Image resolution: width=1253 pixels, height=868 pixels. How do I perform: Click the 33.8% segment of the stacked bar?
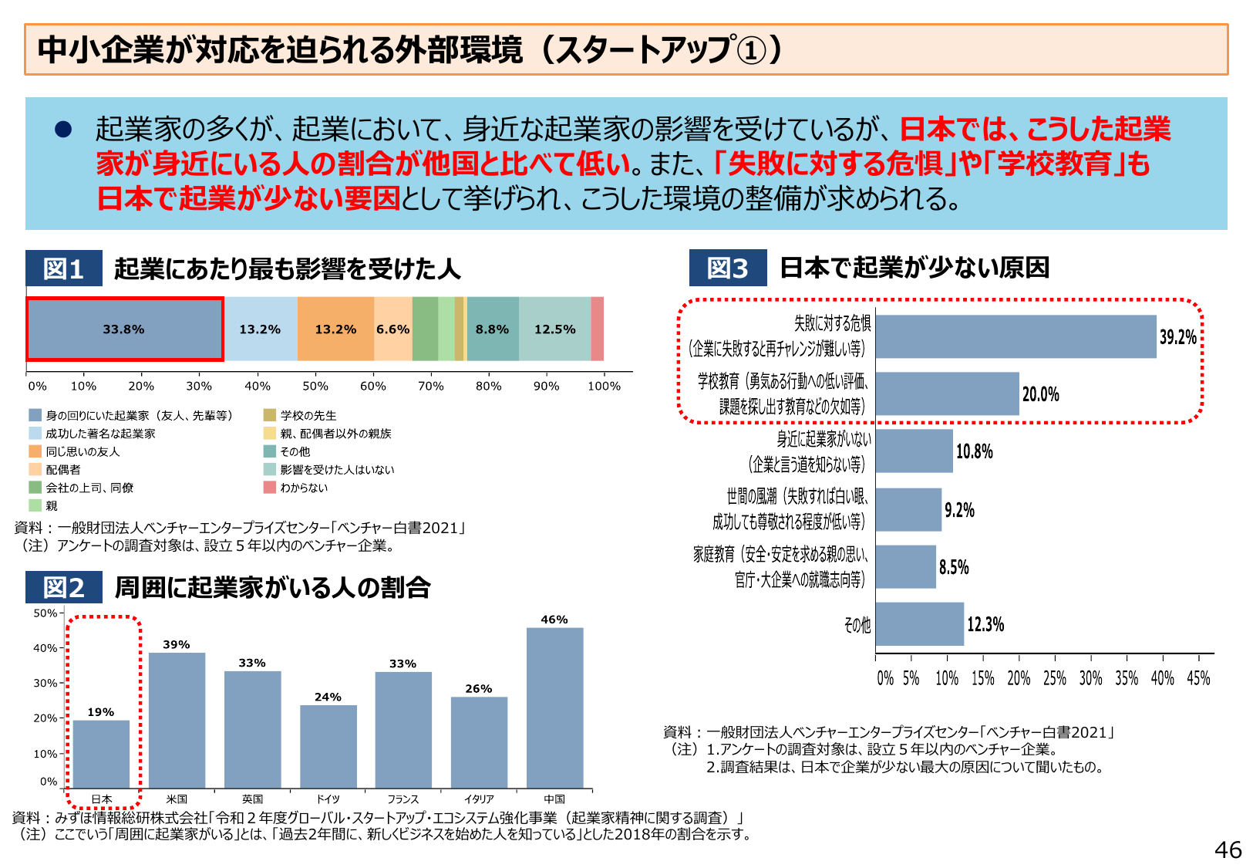pos(125,329)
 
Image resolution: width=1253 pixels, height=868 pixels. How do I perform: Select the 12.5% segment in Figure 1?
pos(554,329)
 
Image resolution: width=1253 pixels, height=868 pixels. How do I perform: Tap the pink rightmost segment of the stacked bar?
pos(597,329)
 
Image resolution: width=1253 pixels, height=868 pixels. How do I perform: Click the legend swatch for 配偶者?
pos(35,469)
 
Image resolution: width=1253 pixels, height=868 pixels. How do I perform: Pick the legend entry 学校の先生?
pos(308,415)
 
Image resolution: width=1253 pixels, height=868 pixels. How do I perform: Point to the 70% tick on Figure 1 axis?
pos(430,386)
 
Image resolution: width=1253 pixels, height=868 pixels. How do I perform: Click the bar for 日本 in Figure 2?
pos(101,754)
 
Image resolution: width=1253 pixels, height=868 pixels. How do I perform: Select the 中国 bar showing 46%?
pos(554,708)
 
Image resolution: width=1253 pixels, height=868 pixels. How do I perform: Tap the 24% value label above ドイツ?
pos(328,697)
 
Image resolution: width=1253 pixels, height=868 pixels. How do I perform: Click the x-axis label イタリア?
pos(479,799)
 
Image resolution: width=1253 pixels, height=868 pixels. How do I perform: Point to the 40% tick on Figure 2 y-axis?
pos(45,648)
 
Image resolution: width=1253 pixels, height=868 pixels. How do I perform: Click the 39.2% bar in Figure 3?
pos(1016,336)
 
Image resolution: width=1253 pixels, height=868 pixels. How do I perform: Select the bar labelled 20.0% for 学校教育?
pos(947,394)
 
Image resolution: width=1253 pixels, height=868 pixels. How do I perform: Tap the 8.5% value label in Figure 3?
pos(954,567)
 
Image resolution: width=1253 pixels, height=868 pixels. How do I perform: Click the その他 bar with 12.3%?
pos(919,624)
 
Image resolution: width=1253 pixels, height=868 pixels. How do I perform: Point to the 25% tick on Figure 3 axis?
pos(1055,678)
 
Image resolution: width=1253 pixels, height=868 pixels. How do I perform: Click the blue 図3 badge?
pos(727,268)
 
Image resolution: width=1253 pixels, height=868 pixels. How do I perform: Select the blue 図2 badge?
pos(63,587)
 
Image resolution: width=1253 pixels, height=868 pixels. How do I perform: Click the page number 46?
pos(1228,849)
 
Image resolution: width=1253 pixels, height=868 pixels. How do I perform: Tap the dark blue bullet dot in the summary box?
pos(63,129)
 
